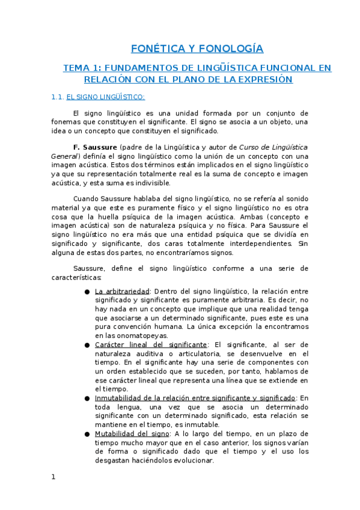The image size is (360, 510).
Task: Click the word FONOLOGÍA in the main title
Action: click(231, 49)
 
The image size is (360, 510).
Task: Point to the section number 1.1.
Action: click(57, 96)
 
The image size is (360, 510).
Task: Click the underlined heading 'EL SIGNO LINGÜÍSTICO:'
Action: click(105, 96)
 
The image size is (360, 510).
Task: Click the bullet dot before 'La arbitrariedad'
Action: click(88, 291)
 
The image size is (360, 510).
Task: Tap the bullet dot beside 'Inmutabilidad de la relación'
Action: click(88, 398)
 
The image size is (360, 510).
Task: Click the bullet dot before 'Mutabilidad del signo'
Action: click(88, 434)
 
